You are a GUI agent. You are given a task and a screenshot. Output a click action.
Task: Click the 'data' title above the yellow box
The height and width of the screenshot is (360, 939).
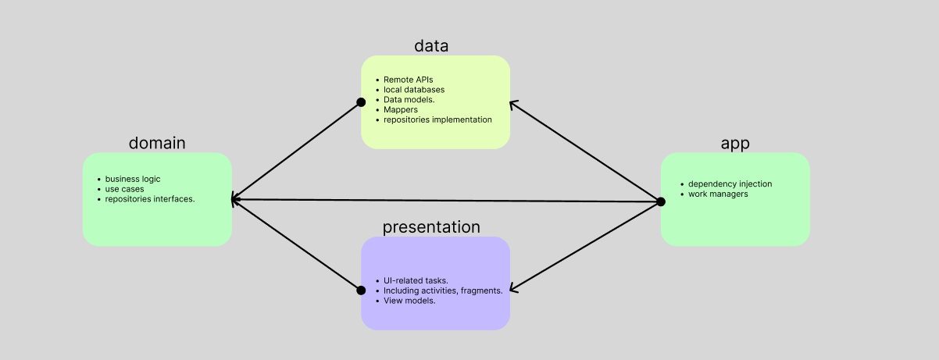[431, 45]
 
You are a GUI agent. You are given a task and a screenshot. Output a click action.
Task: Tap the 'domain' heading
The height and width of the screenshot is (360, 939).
[157, 143]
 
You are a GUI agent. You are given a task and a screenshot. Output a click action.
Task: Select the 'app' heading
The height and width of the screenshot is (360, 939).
[735, 144]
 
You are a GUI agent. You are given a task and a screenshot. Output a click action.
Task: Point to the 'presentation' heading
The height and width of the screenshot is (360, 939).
[431, 227]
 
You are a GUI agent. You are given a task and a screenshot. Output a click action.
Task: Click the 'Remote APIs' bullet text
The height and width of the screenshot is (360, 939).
[409, 80]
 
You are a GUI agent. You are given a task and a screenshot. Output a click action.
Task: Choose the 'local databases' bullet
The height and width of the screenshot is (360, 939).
[414, 90]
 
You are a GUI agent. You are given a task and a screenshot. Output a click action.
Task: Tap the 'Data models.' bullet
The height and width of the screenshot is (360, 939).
[409, 100]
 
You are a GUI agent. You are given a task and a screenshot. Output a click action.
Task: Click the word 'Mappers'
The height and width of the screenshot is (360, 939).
[401, 110]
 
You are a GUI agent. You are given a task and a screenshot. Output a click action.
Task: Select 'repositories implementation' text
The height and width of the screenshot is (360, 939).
[437, 119]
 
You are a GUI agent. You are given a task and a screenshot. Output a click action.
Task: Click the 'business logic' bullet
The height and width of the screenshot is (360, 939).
[133, 179]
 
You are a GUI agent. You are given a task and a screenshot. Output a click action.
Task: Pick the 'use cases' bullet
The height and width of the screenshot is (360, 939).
[124, 189]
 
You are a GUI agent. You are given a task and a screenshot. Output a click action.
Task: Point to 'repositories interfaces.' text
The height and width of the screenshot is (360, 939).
[150, 199]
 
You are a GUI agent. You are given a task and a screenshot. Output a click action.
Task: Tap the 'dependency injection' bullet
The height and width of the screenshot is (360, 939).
[730, 184]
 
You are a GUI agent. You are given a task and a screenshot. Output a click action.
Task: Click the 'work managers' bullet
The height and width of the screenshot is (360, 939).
[718, 194]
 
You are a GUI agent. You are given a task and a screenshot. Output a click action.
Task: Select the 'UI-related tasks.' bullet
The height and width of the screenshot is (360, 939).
[416, 280]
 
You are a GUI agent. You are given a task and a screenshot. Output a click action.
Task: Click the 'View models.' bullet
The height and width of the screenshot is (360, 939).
[409, 301]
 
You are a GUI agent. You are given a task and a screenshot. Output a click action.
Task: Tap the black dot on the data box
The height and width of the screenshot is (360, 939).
[361, 102]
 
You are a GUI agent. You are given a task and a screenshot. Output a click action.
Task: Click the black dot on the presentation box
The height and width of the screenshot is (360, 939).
[361, 290]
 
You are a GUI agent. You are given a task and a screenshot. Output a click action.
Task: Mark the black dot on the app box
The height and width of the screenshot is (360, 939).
[661, 202]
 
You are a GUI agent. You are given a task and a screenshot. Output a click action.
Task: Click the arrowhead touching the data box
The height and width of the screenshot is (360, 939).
[514, 104]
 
